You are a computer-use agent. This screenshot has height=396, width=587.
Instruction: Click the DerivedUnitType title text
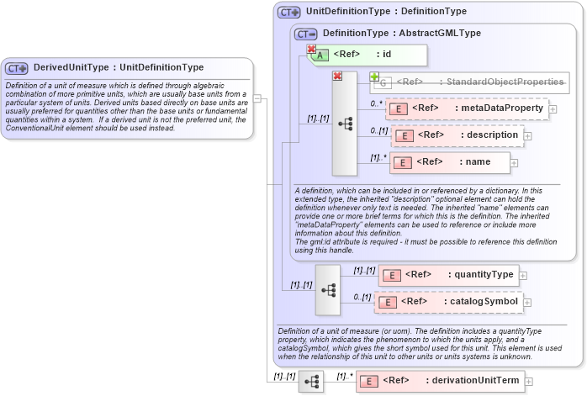tap(118, 67)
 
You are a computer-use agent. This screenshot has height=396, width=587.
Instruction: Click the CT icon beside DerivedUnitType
tap(17, 68)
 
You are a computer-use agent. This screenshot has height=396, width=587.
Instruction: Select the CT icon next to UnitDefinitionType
tap(289, 13)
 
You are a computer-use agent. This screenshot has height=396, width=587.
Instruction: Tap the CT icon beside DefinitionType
tap(305, 34)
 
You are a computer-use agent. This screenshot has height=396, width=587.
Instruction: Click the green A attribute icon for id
tap(320, 55)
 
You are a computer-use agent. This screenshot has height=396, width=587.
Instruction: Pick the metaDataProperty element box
tap(466, 108)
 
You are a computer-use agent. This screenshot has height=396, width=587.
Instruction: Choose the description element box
tap(457, 135)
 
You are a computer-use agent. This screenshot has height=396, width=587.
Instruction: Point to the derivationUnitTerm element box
tap(439, 381)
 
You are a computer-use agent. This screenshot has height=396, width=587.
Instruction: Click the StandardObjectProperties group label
tap(479, 82)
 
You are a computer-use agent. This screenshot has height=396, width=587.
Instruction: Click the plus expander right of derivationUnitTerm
tap(528, 382)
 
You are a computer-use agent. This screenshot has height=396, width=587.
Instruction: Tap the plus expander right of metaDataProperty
tap(553, 108)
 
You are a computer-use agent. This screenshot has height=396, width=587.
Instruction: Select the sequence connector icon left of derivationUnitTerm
tap(311, 382)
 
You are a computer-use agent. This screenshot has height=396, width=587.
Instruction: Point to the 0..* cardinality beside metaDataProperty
tap(377, 104)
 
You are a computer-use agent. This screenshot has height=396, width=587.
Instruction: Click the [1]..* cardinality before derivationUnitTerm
tap(344, 377)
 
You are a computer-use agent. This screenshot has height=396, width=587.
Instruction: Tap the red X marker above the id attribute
tap(311, 49)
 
